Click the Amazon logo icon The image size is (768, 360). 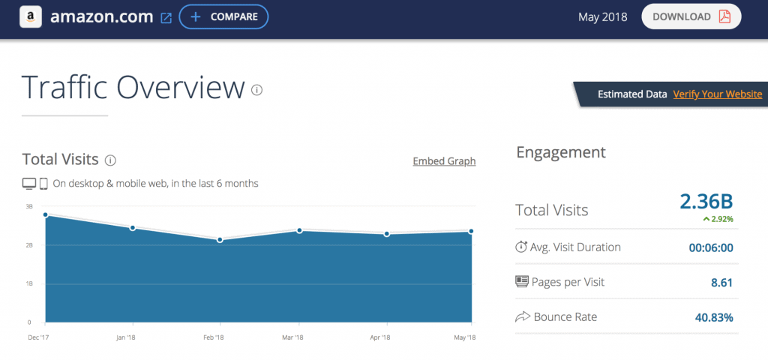click(x=31, y=16)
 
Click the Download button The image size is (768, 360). click(x=691, y=16)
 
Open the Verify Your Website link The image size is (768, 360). click(x=718, y=94)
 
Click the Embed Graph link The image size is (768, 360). click(x=444, y=161)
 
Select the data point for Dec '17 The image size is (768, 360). click(x=46, y=215)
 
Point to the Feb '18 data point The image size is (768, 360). click(x=220, y=240)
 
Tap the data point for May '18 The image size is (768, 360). click(x=471, y=232)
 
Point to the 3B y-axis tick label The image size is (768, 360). click(x=29, y=206)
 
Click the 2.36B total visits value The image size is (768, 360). click(x=706, y=202)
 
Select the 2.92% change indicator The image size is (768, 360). click(x=718, y=219)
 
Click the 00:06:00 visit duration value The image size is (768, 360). click(x=710, y=247)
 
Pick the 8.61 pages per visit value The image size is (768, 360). click(x=721, y=283)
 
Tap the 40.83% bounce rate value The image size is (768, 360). click(x=713, y=317)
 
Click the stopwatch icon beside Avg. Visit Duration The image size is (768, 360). click(x=522, y=247)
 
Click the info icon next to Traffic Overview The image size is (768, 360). click(x=257, y=90)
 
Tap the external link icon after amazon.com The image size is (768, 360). click(x=166, y=17)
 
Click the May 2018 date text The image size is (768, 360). click(x=603, y=16)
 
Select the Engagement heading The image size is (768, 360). click(x=561, y=152)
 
